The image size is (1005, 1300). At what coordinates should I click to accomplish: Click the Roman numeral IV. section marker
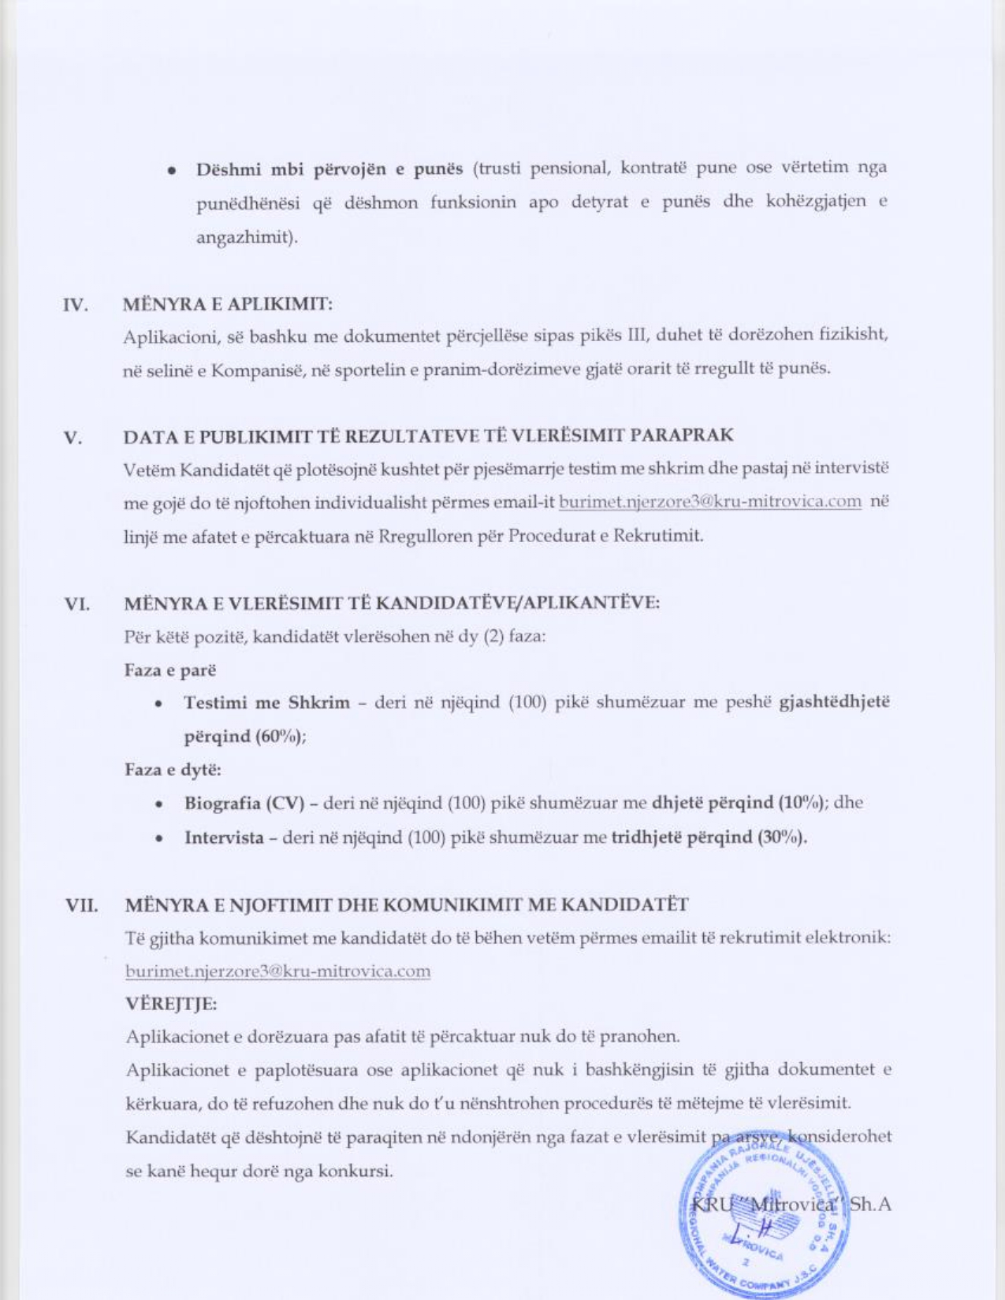coord(74,305)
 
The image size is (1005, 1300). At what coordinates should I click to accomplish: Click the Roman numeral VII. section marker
coord(81,905)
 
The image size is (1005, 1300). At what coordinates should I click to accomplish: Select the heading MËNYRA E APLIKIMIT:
coord(228,303)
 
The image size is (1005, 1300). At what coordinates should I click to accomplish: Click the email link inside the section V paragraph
coord(709,502)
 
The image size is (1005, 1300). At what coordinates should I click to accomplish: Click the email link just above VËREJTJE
coord(277,971)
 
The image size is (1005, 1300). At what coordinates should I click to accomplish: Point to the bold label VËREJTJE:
coord(171,1005)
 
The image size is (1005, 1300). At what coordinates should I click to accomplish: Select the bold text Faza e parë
coord(170,670)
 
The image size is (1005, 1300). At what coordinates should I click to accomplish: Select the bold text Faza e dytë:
coord(173,770)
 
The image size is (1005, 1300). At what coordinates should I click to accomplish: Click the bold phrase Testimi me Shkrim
coord(266,702)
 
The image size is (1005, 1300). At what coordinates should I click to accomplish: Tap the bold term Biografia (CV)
coord(244,804)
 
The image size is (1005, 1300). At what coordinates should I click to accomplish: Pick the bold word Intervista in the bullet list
coord(224,838)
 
